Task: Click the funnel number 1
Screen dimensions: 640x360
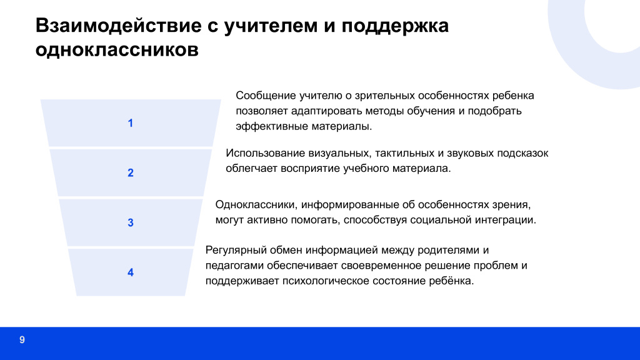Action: point(131,123)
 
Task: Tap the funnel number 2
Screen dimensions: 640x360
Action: point(131,173)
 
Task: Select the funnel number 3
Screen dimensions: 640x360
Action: point(131,223)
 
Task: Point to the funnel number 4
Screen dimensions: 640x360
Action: point(131,272)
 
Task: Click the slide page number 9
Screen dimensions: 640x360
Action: point(22,340)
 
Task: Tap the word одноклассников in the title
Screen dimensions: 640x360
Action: point(117,50)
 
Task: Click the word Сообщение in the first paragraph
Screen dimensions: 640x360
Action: point(266,96)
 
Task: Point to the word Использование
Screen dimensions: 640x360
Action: point(265,153)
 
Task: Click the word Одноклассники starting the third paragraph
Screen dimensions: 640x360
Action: point(256,205)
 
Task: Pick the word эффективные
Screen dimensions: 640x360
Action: point(272,126)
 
